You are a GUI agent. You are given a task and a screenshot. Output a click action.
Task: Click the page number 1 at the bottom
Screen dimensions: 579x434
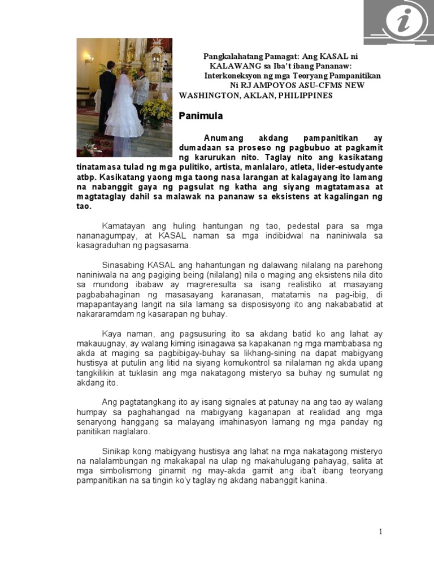[381, 532]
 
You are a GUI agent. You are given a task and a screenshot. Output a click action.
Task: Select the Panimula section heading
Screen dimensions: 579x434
[201, 116]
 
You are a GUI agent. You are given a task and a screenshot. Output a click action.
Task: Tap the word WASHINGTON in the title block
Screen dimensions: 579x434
[207, 95]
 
